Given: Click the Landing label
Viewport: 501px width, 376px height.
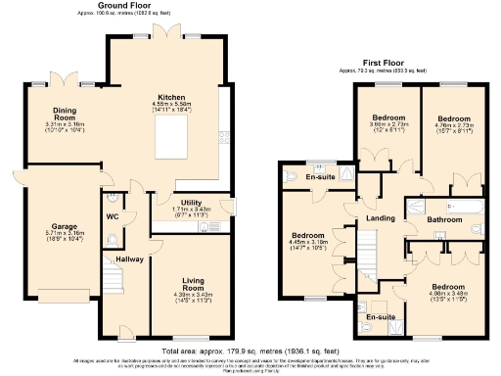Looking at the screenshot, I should [381, 217].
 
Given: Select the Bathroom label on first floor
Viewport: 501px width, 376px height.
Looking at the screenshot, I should [446, 220].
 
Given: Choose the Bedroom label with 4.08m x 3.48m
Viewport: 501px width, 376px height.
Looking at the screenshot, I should [449, 287].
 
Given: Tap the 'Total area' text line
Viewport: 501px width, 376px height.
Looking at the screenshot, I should [250, 350].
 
